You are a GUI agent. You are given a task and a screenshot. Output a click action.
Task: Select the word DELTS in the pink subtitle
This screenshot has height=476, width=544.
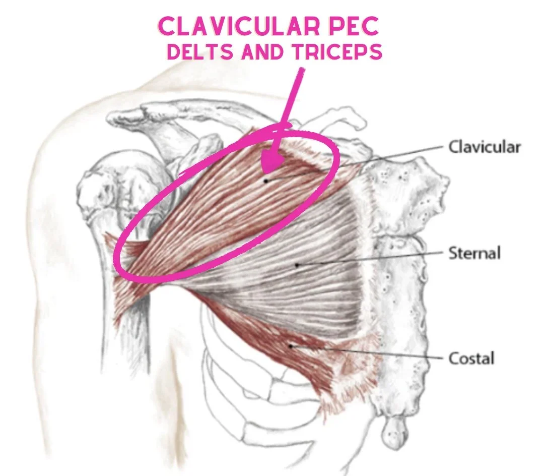201,52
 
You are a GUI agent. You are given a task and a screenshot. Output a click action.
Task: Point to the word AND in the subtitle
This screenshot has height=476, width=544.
263,52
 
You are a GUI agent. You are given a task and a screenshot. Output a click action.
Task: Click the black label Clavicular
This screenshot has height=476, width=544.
484,147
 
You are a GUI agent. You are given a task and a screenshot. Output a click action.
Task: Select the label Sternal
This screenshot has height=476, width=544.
474,253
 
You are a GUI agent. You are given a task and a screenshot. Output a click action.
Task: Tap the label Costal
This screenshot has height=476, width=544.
471,359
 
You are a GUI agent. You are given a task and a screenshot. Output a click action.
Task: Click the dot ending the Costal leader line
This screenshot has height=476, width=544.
291,345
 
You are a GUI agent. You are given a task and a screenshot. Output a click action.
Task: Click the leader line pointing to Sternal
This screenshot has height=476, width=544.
373,258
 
